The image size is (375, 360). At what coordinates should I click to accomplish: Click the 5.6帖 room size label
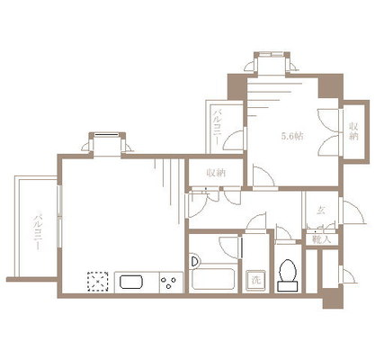click(x=293, y=136)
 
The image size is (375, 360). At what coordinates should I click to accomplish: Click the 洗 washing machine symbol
click(x=256, y=280)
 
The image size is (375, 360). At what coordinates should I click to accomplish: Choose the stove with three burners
click(x=168, y=283)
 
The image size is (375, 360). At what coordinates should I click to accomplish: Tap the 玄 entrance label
click(x=321, y=211)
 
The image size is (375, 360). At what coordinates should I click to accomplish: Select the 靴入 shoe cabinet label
click(x=321, y=238)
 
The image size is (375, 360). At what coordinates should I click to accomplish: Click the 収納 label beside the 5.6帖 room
click(x=354, y=130)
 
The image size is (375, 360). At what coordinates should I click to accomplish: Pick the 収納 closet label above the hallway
click(x=214, y=172)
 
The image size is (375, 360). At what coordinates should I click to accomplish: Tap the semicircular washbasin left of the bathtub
click(x=195, y=262)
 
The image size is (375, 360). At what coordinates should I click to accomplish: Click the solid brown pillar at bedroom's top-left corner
click(x=237, y=86)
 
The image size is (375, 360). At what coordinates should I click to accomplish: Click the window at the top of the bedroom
click(x=271, y=63)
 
